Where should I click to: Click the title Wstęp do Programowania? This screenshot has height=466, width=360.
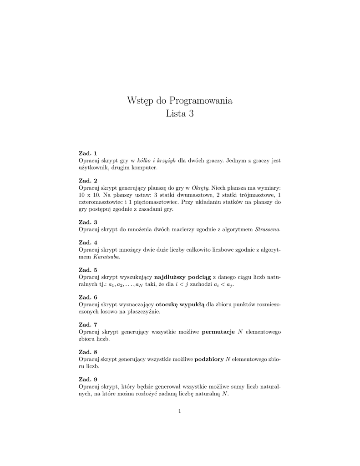180,101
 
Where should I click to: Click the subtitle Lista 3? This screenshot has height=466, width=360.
180,114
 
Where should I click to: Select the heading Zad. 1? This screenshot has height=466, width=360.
88,153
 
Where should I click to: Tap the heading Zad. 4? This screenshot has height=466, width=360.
88,243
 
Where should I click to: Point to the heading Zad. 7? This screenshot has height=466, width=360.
88,324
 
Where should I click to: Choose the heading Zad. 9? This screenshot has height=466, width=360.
88,379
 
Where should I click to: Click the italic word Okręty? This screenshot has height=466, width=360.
200,187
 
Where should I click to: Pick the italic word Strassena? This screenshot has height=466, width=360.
268,229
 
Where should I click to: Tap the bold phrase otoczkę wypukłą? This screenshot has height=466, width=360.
180,304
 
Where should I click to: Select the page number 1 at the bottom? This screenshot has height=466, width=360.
180,411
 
